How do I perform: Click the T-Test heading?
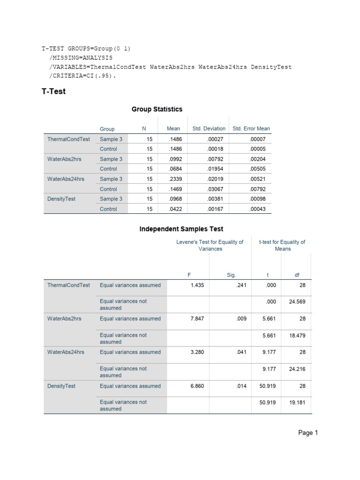click(x=54, y=91)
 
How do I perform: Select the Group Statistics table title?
click(x=157, y=109)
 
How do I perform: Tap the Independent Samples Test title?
click(x=181, y=229)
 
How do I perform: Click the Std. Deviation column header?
click(x=209, y=128)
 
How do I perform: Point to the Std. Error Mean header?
click(x=251, y=128)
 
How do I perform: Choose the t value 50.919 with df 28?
click(x=266, y=386)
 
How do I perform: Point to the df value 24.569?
click(x=297, y=302)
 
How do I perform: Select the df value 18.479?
click(x=297, y=336)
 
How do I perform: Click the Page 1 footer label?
click(x=308, y=433)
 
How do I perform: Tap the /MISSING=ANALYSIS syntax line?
click(x=81, y=58)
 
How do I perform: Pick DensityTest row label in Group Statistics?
click(x=61, y=199)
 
